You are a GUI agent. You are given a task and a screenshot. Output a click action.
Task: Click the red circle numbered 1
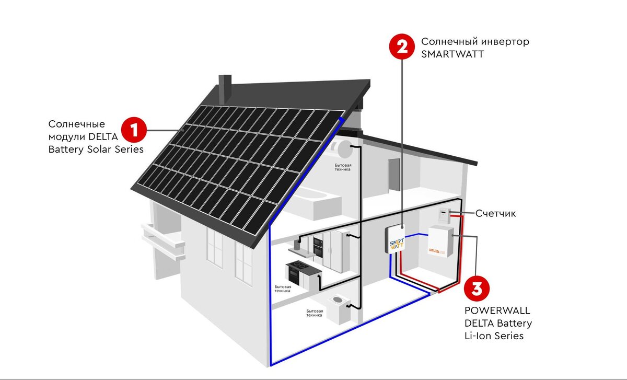134,130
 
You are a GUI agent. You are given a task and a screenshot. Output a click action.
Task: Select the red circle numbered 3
477,289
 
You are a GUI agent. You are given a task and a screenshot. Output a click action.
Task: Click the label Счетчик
495,213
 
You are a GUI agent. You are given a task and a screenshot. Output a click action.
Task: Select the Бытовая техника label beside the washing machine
315,313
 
